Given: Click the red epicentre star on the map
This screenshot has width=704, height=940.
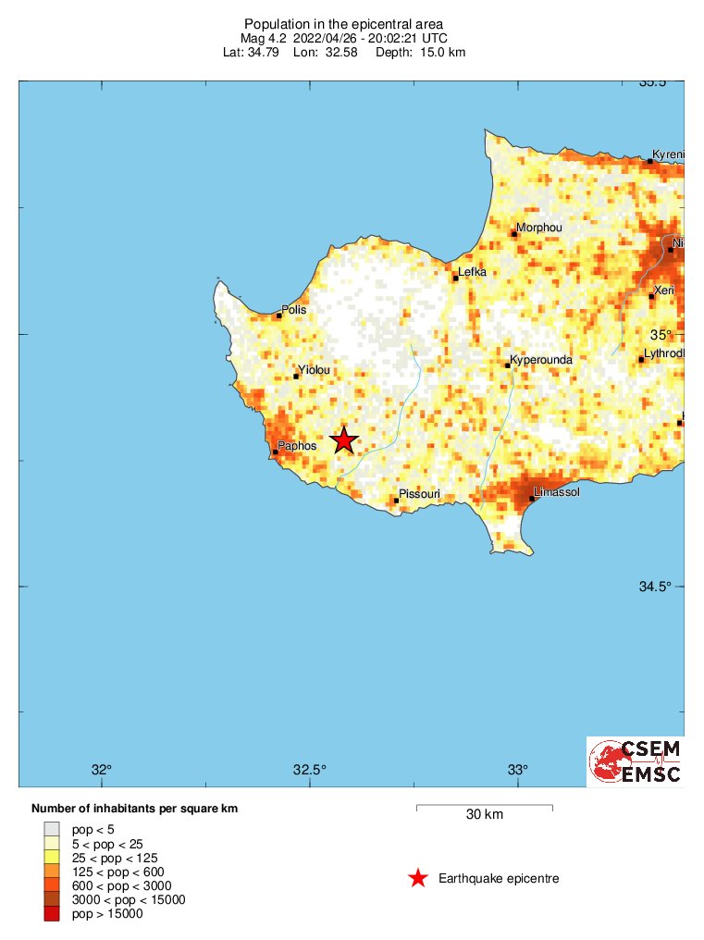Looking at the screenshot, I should pyautogui.click(x=343, y=440).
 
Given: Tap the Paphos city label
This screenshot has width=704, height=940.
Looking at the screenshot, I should pyautogui.click(x=298, y=446).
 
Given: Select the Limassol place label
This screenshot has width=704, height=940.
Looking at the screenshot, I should pyautogui.click(x=557, y=492).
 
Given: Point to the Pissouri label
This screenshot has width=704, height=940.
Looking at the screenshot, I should pyautogui.click(x=419, y=495).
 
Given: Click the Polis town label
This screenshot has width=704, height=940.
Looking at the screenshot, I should pyautogui.click(x=293, y=310).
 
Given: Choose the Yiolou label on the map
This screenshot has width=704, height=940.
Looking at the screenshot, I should pyautogui.click(x=314, y=370).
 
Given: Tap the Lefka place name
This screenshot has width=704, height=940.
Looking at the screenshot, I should pyautogui.click(x=473, y=272).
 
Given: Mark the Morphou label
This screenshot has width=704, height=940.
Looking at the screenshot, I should pyautogui.click(x=538, y=228).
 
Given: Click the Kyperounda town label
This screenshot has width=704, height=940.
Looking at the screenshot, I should pyautogui.click(x=542, y=360).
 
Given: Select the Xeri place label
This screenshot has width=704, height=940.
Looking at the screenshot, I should pyautogui.click(x=664, y=291).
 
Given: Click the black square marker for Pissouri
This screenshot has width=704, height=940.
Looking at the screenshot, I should pyautogui.click(x=397, y=501).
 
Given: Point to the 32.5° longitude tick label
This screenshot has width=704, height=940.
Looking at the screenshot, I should pyautogui.click(x=310, y=770).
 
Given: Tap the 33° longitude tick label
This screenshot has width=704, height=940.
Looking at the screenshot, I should pyautogui.click(x=517, y=770).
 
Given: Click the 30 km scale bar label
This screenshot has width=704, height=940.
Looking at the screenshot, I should pyautogui.click(x=484, y=815).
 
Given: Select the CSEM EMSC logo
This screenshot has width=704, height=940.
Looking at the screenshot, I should pyautogui.click(x=635, y=761).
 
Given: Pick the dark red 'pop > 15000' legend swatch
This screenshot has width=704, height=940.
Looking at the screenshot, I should pyautogui.click(x=52, y=914).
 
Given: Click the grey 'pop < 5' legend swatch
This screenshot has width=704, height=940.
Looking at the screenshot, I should pyautogui.click(x=52, y=829).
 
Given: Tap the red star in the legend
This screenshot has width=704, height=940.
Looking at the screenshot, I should pyautogui.click(x=418, y=878).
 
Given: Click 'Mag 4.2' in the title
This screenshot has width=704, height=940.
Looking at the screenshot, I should pyautogui.click(x=263, y=38).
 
